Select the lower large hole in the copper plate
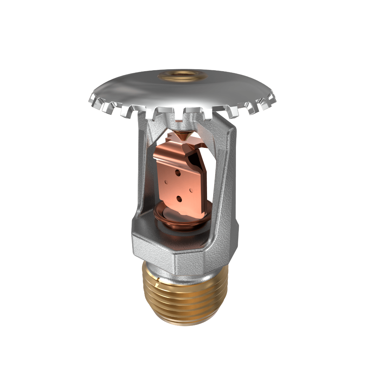pyautogui.click(x=178, y=198)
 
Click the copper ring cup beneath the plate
pyautogui.click(x=169, y=221)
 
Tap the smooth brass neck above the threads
pyautogui.click(x=153, y=270)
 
